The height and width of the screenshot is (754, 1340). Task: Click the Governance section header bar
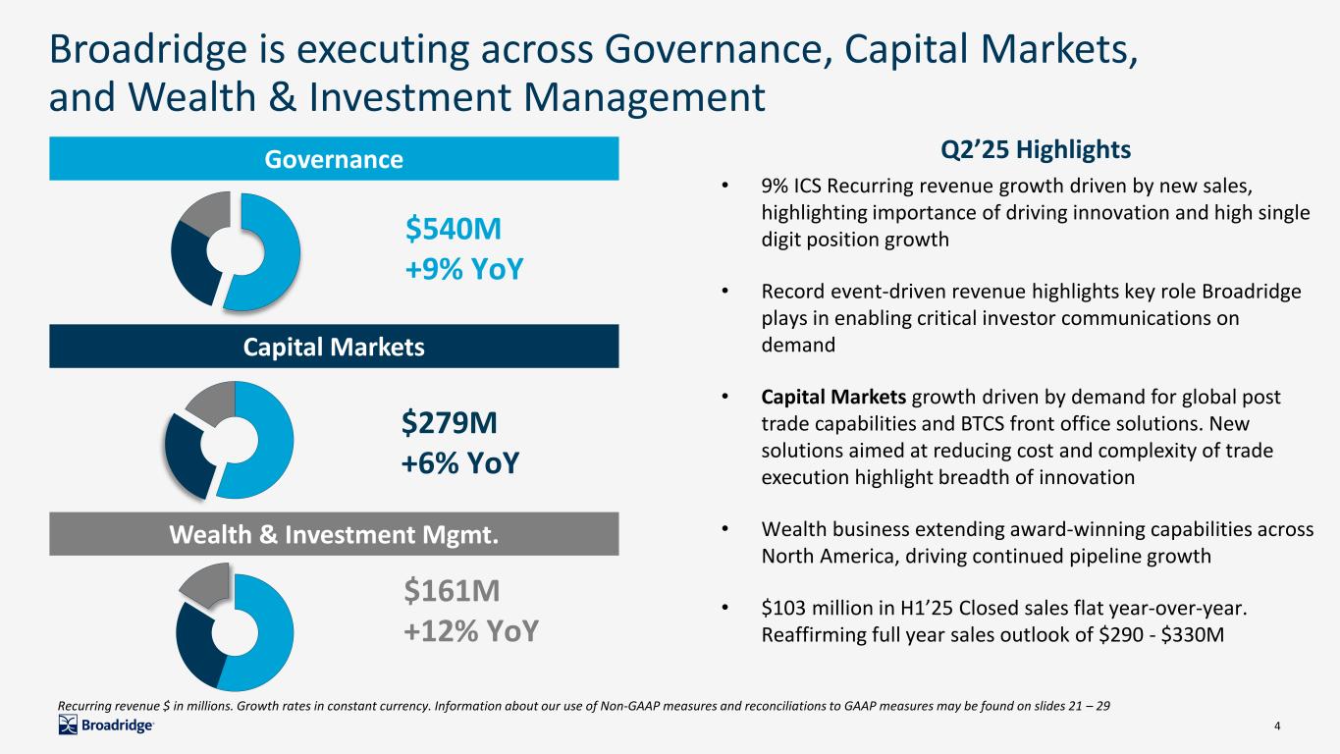point(334,158)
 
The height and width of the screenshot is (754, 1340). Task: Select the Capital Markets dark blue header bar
point(334,347)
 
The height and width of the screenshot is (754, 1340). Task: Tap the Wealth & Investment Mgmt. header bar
point(334,534)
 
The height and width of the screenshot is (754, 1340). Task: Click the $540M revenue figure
point(454,230)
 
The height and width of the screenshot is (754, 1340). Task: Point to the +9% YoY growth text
point(462,267)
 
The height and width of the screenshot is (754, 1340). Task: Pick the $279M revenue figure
point(449,423)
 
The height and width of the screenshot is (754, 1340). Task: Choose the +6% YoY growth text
point(460,461)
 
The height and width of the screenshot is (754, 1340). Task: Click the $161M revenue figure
point(452,591)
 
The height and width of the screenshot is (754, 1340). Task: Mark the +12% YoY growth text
point(471,629)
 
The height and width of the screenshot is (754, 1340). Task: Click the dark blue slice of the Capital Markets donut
point(188,452)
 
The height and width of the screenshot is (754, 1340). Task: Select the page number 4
point(1276,727)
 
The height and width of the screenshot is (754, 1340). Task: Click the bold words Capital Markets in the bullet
point(834,398)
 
